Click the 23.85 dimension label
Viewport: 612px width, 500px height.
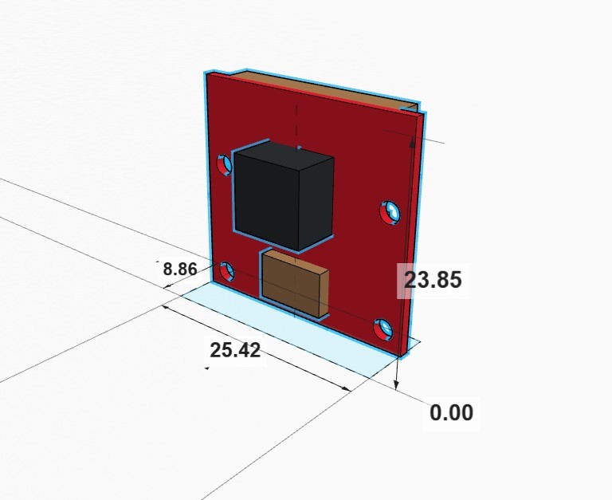pos(433,280)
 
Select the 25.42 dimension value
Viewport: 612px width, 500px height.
pos(235,349)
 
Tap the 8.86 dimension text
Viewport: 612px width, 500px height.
pos(179,269)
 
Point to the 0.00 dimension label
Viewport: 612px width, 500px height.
pos(451,412)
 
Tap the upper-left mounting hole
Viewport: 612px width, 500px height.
pos(225,164)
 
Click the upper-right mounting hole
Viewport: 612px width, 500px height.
pos(389,212)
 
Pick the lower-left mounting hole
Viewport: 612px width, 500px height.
pos(226,271)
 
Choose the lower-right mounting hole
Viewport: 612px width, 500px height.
pos(383,328)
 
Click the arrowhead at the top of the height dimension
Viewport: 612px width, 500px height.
pos(411,141)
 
